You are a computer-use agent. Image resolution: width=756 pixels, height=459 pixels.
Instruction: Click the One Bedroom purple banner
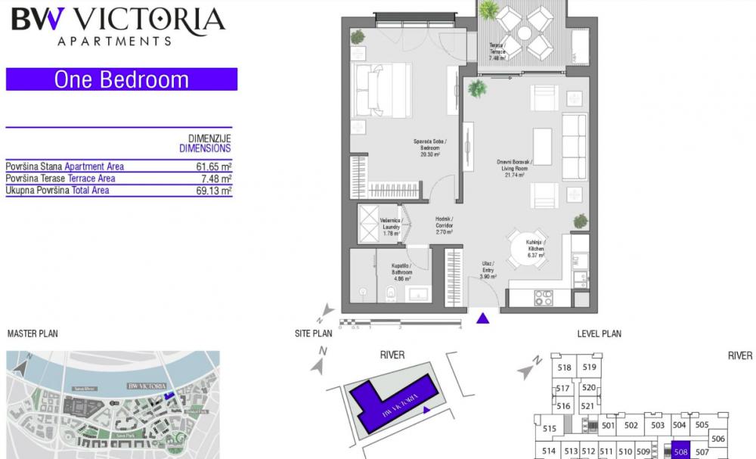point(121,79)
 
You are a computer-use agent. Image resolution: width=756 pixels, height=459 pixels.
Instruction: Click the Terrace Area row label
point(60,178)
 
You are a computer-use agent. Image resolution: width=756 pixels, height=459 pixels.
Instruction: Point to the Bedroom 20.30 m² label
point(429,147)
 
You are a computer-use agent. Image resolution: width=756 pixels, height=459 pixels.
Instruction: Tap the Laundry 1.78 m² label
point(391,227)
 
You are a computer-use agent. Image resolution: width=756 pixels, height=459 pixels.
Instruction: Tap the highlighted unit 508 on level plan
point(680,451)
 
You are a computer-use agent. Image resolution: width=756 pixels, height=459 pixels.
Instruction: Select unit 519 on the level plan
point(590,368)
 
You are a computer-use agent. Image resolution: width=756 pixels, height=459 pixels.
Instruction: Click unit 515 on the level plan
point(550,429)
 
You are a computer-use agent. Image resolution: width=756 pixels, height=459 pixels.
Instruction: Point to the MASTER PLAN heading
point(32,333)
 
